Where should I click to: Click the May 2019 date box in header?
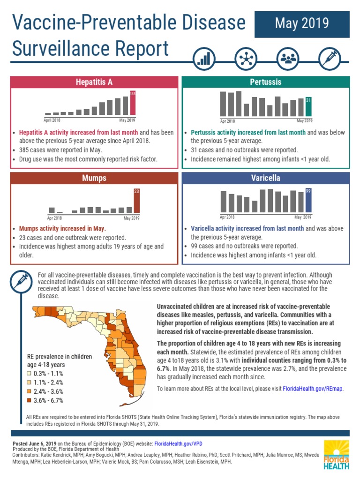click(x=301, y=24)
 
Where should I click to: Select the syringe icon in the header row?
click(x=329, y=59)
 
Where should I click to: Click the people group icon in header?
click(x=287, y=59)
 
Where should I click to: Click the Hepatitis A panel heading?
click(x=94, y=82)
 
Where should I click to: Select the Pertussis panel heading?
click(x=265, y=82)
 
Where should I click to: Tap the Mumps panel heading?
click(x=94, y=178)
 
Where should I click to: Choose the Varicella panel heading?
click(x=265, y=178)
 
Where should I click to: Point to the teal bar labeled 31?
click(x=308, y=107)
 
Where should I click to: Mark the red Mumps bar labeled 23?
click(x=136, y=201)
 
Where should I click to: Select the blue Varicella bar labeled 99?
click(x=308, y=201)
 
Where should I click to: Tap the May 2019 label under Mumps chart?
click(x=132, y=218)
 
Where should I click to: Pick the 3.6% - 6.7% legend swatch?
click(x=29, y=400)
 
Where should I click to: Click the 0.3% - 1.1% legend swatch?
click(x=29, y=374)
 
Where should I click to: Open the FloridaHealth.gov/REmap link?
click(x=313, y=389)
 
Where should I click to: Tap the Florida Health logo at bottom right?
click(x=336, y=454)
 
